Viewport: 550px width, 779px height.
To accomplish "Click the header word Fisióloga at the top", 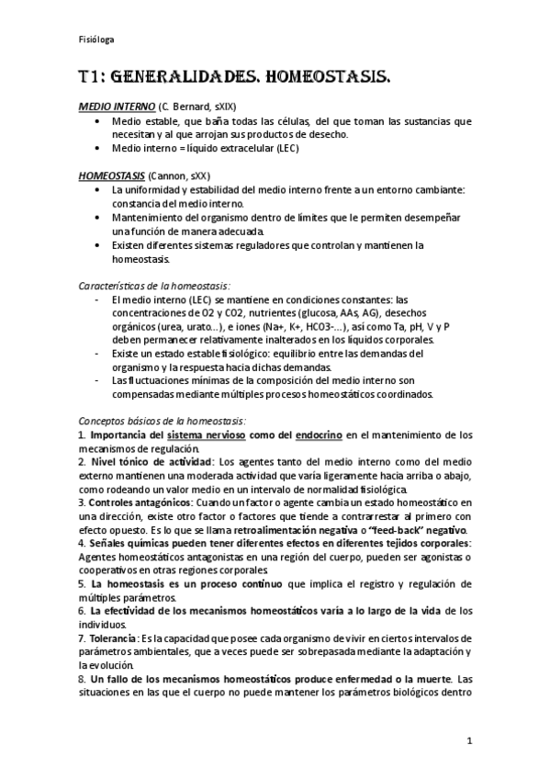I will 95,40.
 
